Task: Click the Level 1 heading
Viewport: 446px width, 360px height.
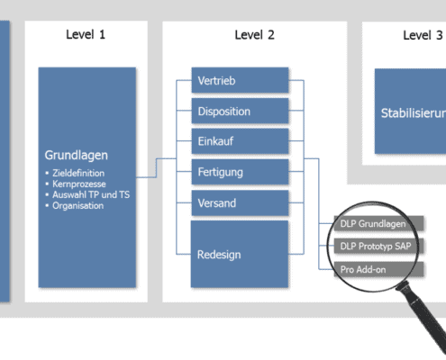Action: pyautogui.click(x=86, y=35)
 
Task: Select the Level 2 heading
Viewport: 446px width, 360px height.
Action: pyautogui.click(x=255, y=35)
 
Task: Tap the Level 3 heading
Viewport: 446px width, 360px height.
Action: pyautogui.click(x=423, y=35)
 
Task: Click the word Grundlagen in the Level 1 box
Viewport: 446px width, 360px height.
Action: pyautogui.click(x=77, y=155)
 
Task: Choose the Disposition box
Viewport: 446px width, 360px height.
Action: pyautogui.click(x=240, y=112)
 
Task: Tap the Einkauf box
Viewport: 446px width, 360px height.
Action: pyautogui.click(x=240, y=141)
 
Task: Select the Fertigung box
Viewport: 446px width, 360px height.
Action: pyautogui.click(x=240, y=171)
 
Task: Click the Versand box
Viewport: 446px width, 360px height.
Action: pyautogui.click(x=240, y=202)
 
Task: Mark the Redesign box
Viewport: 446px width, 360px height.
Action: pyautogui.click(x=240, y=254)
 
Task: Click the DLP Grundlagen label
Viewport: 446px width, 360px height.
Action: pyautogui.click(x=372, y=223)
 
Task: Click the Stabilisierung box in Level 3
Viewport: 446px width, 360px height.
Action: pyautogui.click(x=411, y=114)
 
